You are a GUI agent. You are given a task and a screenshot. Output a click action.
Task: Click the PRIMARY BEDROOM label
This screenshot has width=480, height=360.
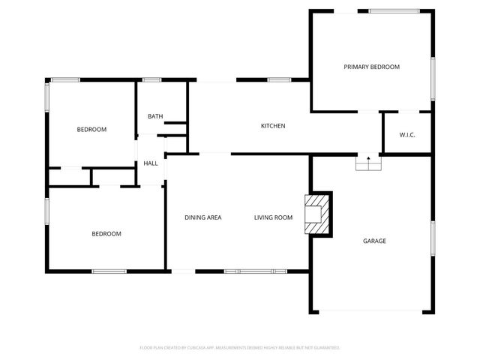pos(371,67)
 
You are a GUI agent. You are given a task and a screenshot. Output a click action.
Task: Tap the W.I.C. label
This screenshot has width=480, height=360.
pos(407,135)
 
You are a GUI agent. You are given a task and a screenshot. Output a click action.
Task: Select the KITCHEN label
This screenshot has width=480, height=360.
pos(272,126)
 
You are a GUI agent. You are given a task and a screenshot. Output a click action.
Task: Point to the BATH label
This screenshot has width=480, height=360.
pos(155,116)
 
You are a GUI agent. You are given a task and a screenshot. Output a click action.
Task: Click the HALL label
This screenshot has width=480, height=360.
pos(150,163)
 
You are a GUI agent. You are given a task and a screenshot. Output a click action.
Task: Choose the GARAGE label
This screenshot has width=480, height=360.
pos(374,241)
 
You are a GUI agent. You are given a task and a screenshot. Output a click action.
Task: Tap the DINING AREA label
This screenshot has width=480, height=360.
pos(203,217)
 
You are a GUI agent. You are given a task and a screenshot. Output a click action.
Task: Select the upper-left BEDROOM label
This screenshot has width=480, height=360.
pos(91,129)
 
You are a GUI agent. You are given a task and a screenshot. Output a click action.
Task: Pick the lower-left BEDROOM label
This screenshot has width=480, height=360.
pos(106,234)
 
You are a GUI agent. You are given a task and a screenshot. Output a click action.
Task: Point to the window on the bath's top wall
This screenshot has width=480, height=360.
pos(152,79)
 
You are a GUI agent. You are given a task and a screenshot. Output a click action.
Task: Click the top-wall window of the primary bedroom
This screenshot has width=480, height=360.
pos(393,10)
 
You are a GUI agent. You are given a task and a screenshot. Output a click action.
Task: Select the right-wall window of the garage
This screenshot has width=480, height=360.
pos(433,240)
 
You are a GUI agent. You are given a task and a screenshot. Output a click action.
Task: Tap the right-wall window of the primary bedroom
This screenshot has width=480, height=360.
pos(433,77)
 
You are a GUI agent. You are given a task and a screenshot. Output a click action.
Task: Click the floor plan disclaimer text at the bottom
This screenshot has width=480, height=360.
pos(240,348)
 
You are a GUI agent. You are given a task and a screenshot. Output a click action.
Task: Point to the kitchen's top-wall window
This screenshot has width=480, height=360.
pos(279,79)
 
